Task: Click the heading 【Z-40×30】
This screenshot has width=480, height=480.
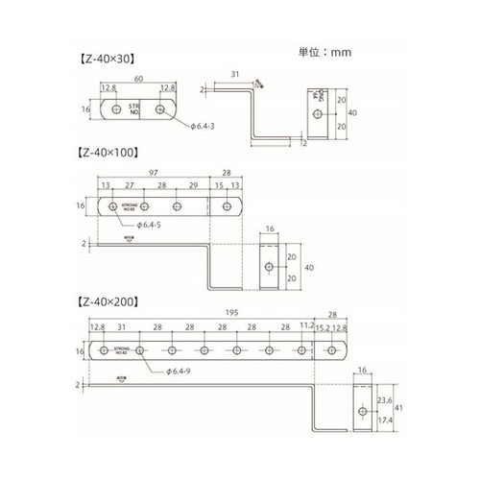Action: pos(102,58)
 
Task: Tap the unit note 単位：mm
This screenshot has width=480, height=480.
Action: pos(324,55)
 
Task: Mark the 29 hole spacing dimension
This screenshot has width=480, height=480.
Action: pos(194,187)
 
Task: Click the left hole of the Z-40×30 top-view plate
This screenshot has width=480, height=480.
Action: pos(116,110)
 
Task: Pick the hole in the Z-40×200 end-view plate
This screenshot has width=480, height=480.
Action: pos(360,411)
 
